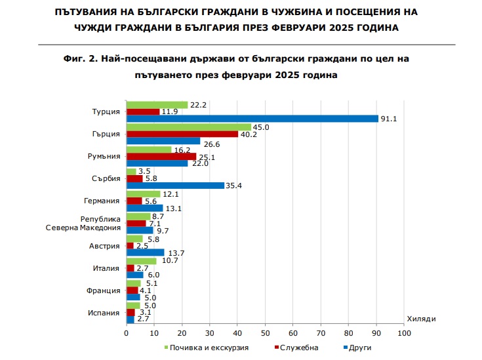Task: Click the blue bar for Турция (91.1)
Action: pos(252,119)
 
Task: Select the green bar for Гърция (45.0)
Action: pos(189,127)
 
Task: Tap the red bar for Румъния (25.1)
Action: pos(161,157)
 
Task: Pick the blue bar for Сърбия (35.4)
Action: pos(175,186)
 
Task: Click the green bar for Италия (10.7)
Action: pos(141,260)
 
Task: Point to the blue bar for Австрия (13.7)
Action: pos(145,252)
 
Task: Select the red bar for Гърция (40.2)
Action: pos(182,134)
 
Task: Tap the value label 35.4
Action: pos(234,186)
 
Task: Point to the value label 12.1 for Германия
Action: pos(170,194)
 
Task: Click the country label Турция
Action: pos(106,111)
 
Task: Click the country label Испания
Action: pos(104,312)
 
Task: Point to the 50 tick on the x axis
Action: pos(265,334)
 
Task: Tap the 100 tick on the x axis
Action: pos(404,334)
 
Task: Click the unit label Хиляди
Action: pos(421,318)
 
